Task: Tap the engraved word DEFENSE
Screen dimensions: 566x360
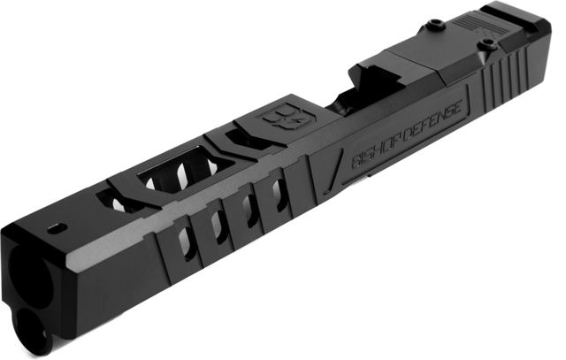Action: point(432,120)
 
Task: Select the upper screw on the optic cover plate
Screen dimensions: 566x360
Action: point(432,25)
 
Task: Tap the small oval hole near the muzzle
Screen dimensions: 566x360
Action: point(57,228)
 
